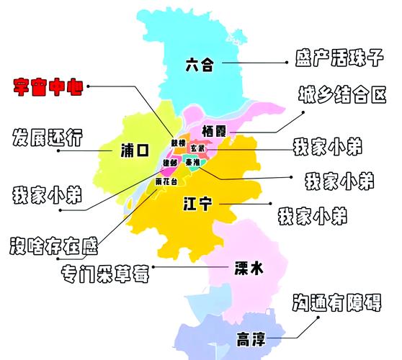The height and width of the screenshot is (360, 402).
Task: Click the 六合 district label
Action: click(x=200, y=65)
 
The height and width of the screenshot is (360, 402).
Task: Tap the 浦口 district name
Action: click(x=135, y=150)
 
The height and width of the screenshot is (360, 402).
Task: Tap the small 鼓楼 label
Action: click(x=177, y=143)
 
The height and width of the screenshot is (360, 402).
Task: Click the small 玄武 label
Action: click(x=197, y=148)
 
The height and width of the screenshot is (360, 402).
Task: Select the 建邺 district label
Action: click(x=169, y=163)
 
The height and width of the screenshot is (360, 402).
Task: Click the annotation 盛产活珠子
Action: click(x=337, y=58)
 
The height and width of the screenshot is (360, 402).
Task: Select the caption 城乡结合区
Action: click(x=341, y=94)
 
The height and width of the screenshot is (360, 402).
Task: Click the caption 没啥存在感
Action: click(x=53, y=246)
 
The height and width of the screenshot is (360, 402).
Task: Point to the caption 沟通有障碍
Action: click(x=339, y=303)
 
